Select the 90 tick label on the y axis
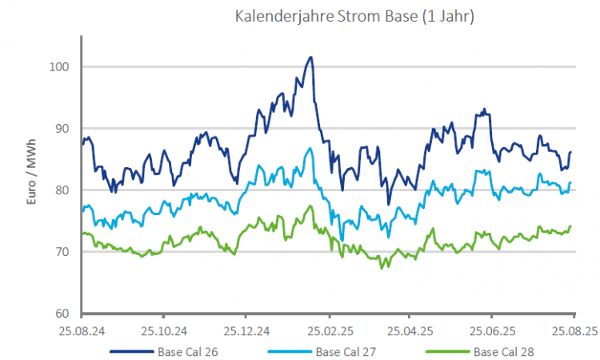pyautogui.click(x=69, y=128)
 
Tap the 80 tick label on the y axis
pyautogui.click(x=69, y=190)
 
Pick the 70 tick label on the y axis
pyautogui.click(x=69, y=251)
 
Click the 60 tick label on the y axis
pyautogui.click(x=69, y=313)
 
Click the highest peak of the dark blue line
pyautogui.click(x=310, y=58)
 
